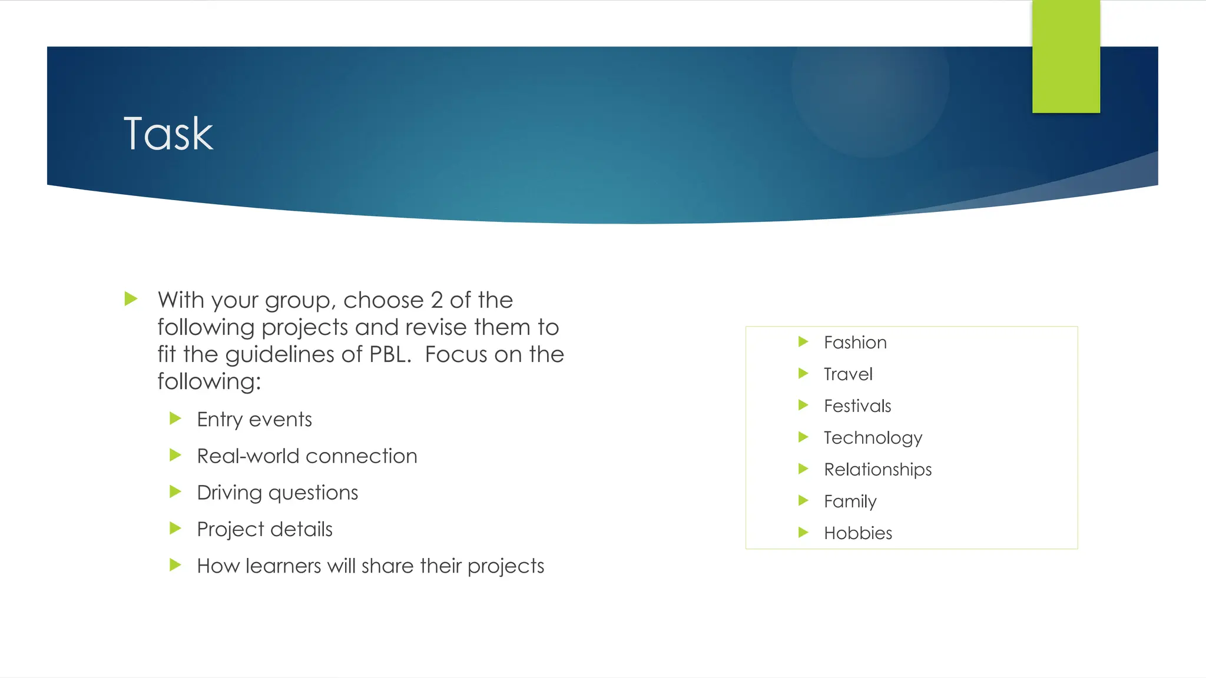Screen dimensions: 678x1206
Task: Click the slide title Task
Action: click(168, 134)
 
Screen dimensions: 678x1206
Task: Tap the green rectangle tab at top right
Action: click(1066, 56)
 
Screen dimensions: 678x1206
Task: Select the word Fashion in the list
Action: click(855, 343)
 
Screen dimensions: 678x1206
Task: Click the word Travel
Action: click(848, 374)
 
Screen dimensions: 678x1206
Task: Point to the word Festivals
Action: click(857, 406)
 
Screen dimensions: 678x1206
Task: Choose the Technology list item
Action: click(873, 438)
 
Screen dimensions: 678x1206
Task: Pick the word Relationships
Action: click(877, 470)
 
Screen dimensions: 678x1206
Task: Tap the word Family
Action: click(850, 501)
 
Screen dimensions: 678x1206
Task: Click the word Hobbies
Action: click(858, 533)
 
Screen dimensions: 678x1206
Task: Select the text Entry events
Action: click(254, 420)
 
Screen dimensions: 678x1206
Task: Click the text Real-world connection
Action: click(307, 456)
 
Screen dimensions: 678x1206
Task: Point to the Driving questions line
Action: click(277, 493)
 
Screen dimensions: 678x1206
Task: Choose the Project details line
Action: click(264, 529)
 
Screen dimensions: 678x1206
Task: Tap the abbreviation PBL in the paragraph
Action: click(389, 354)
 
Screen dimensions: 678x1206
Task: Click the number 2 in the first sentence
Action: click(436, 300)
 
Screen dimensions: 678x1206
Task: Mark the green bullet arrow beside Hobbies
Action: click(803, 533)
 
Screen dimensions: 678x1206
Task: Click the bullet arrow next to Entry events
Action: click(175, 418)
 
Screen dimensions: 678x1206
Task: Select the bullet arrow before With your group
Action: click(131, 299)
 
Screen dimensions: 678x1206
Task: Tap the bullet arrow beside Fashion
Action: click(803, 342)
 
